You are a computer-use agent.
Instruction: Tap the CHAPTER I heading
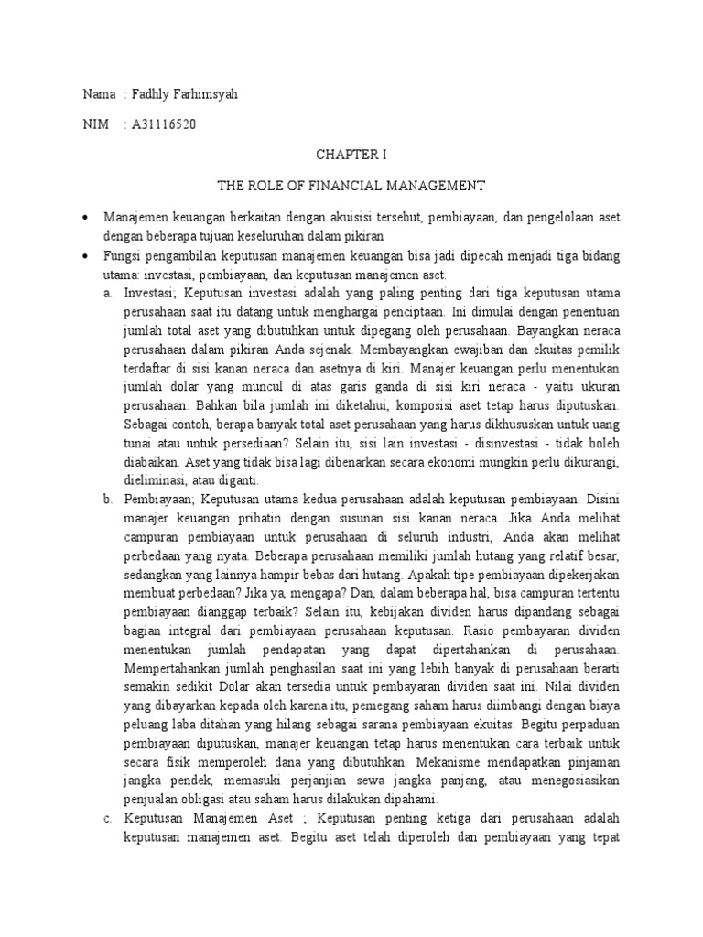(351, 156)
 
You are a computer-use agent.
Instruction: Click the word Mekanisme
(460, 760)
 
